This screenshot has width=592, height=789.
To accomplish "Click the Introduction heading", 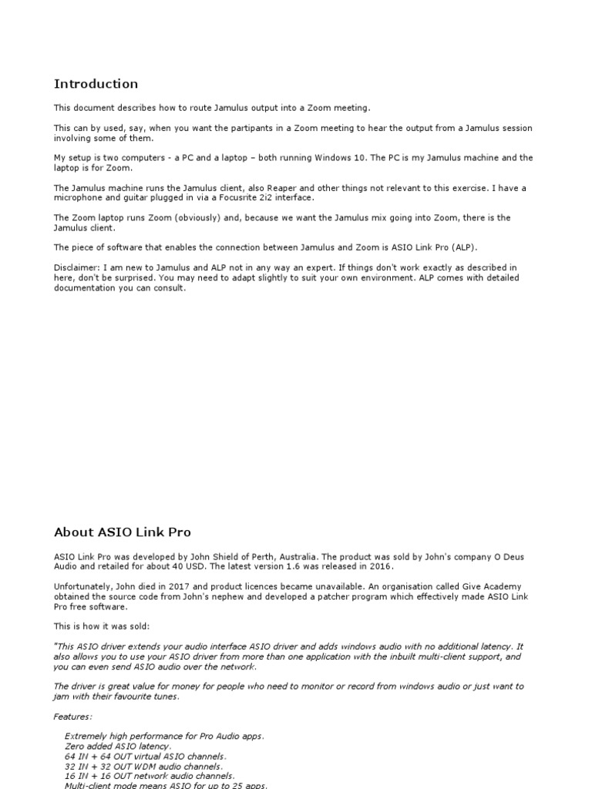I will (x=96, y=84).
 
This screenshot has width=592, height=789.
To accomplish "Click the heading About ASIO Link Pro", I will (x=122, y=532).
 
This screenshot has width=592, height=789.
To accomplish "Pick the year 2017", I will (x=182, y=586).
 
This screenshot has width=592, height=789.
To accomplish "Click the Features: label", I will (x=72, y=717).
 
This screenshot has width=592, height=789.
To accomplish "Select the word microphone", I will (x=80, y=197).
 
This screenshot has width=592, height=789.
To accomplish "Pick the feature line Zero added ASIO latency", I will (x=118, y=747).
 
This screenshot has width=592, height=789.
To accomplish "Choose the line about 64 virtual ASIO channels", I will (x=146, y=757).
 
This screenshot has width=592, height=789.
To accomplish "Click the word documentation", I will (x=86, y=287).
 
